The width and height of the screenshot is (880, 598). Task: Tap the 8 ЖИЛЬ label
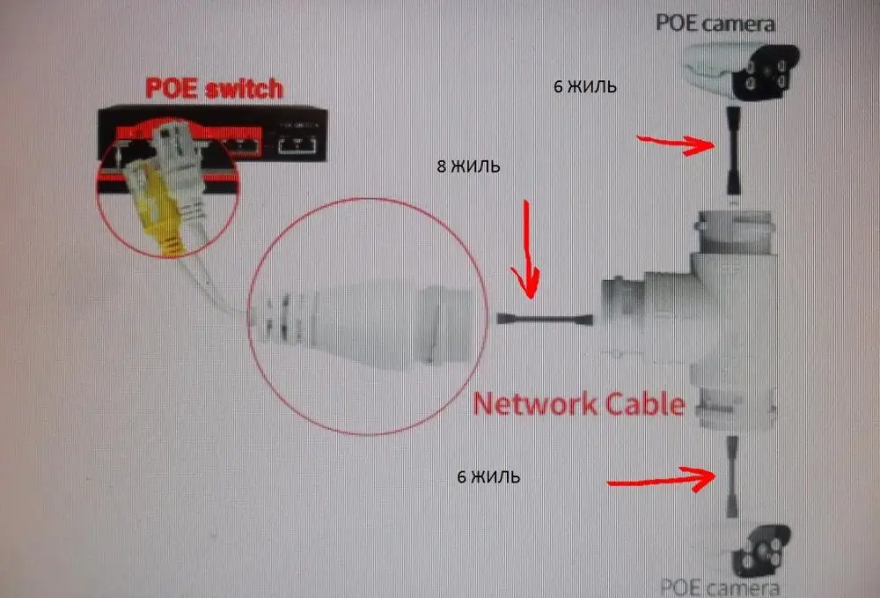(468, 166)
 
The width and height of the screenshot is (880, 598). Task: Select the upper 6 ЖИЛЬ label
(584, 87)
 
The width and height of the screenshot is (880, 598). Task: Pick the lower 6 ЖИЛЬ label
(488, 477)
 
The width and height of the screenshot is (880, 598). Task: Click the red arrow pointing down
(528, 251)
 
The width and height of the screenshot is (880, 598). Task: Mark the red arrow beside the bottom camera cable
(660, 481)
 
